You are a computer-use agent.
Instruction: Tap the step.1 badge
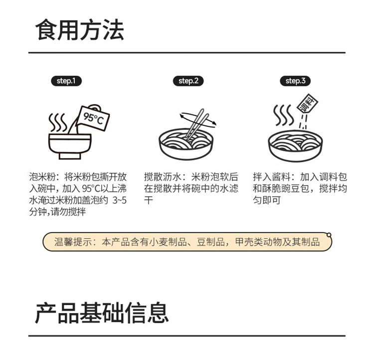66,81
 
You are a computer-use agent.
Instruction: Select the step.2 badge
188,81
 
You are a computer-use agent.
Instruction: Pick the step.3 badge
295,81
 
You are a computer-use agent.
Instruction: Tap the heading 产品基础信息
102,313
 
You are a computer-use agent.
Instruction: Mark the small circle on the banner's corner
329,235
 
